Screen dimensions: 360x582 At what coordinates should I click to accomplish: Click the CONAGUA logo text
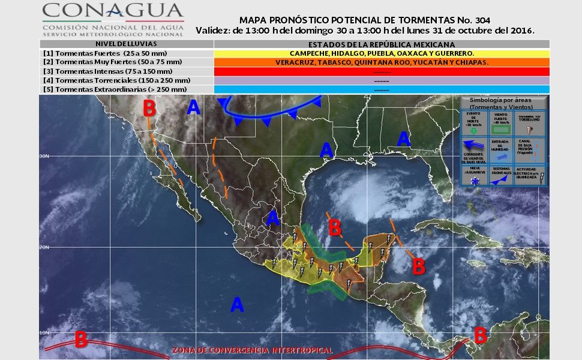113,11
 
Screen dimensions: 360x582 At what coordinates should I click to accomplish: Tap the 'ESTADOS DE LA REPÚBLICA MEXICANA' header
382,44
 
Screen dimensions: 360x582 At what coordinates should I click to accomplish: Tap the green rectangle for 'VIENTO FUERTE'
501,128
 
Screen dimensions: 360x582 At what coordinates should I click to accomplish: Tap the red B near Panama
479,335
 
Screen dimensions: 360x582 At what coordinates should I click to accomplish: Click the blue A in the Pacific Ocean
238,305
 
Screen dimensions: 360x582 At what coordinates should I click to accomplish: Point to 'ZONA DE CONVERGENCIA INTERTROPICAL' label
252,350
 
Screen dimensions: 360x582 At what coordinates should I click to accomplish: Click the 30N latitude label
44,156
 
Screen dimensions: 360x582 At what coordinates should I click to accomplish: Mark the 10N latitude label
44,332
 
